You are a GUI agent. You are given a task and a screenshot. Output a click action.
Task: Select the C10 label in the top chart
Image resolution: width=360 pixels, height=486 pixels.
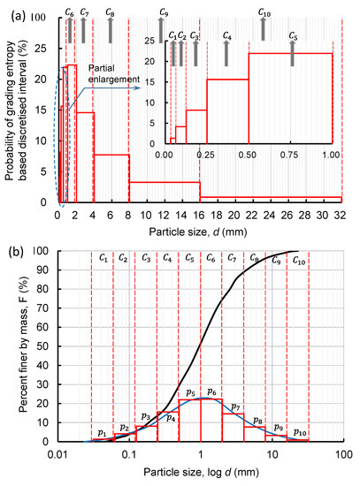tap(264, 12)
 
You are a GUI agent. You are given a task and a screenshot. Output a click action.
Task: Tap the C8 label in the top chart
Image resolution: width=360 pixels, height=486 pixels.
tap(110, 12)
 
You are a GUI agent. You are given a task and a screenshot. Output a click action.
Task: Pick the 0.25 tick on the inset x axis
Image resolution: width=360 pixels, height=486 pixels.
tap(206, 154)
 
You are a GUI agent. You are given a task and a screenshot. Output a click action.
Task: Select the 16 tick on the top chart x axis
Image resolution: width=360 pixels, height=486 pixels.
tap(200, 214)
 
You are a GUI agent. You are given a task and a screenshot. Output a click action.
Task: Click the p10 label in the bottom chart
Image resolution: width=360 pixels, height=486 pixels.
tap(298, 432)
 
